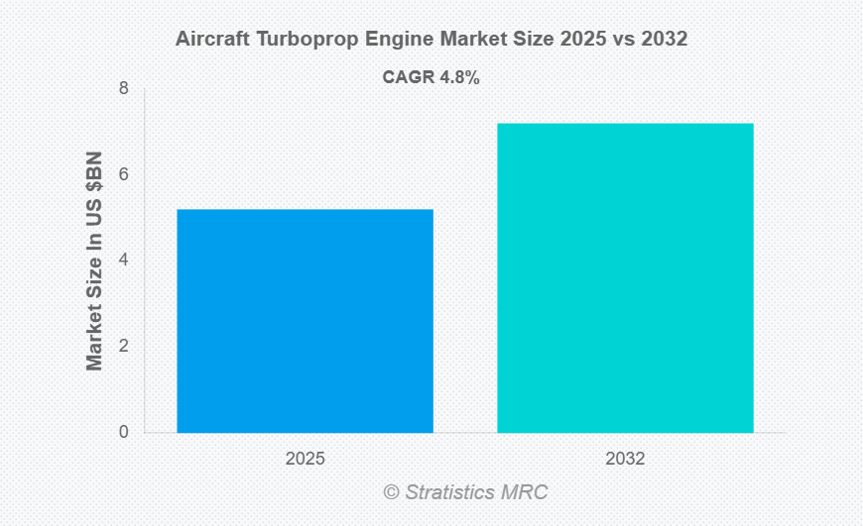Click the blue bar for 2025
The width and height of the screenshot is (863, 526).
tap(305, 321)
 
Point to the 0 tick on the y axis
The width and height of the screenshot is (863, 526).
tap(123, 432)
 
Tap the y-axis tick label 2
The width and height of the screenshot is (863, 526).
tap(123, 346)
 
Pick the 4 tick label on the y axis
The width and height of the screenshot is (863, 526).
tap(123, 260)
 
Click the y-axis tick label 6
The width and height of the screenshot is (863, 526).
tap(123, 174)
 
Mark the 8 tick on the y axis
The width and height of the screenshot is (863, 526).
tap(123, 88)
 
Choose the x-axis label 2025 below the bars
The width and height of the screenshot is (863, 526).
tap(305, 460)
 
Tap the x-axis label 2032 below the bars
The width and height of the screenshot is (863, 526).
tap(625, 460)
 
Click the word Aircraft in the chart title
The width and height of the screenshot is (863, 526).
tap(210, 40)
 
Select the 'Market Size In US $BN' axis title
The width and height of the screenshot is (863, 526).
tap(94, 261)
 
